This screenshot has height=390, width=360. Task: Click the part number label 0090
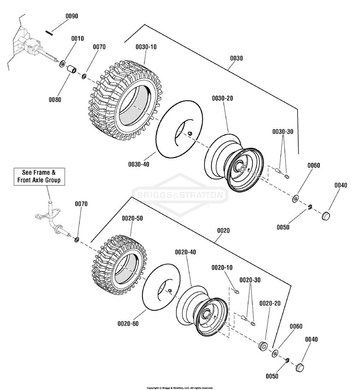click(72, 16)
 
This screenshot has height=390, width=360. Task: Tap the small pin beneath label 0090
click(49, 33)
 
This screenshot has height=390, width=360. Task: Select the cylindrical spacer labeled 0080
click(71, 69)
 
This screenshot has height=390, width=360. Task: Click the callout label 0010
click(77, 38)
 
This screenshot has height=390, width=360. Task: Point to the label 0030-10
click(146, 47)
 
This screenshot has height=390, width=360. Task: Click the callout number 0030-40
click(139, 164)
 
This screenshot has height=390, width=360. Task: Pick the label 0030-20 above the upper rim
click(222, 98)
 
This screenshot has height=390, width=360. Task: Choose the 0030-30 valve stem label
click(283, 132)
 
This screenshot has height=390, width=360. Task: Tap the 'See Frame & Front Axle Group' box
click(39, 176)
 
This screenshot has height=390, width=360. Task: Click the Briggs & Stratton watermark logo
click(180, 195)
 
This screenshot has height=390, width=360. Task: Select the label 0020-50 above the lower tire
click(132, 218)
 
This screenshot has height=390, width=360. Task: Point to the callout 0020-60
click(128, 324)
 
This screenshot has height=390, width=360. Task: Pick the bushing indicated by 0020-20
click(263, 346)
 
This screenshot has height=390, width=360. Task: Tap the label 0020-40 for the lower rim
click(185, 252)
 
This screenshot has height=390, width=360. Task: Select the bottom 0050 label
click(272, 376)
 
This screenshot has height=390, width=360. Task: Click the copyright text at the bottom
click(180, 388)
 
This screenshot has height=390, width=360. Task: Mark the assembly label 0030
click(236, 59)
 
